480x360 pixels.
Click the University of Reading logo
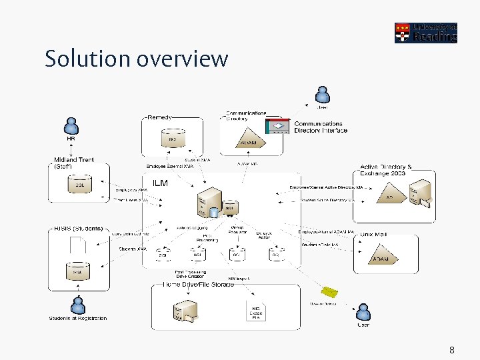pos(425,31)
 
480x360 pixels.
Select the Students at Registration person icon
pos(79,305)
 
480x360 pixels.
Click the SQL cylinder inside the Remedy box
pos(172,139)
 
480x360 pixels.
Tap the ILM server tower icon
pos(210,199)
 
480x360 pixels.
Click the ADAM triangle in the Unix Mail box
pos(381,257)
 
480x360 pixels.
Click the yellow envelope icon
pos(329,293)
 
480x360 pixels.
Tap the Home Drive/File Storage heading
pos(199,285)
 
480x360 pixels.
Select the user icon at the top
pos(323,94)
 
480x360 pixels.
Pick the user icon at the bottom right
pos(363,312)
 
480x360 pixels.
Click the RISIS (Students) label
pos(79,228)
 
